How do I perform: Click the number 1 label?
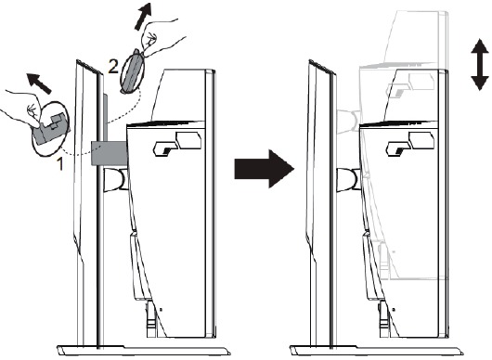[x=59, y=164]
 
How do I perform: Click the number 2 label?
[x=113, y=66]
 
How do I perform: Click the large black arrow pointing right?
[x=265, y=169]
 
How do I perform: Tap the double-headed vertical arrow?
[x=480, y=65]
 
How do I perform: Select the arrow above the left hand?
[x=38, y=84]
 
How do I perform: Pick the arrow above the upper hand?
[x=143, y=17]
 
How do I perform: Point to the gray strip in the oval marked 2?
[x=133, y=71]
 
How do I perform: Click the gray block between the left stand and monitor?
[x=110, y=153]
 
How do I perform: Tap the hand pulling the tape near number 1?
[x=22, y=109]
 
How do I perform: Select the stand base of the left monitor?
[x=143, y=351]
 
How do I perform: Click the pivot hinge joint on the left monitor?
[x=115, y=179]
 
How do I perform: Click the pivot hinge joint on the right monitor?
[x=348, y=179]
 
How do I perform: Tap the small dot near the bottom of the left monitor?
[x=161, y=310]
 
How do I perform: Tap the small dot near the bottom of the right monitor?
[x=394, y=310]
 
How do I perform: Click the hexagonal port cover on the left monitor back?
[x=189, y=140]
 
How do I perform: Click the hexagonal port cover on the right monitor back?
[x=422, y=140]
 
